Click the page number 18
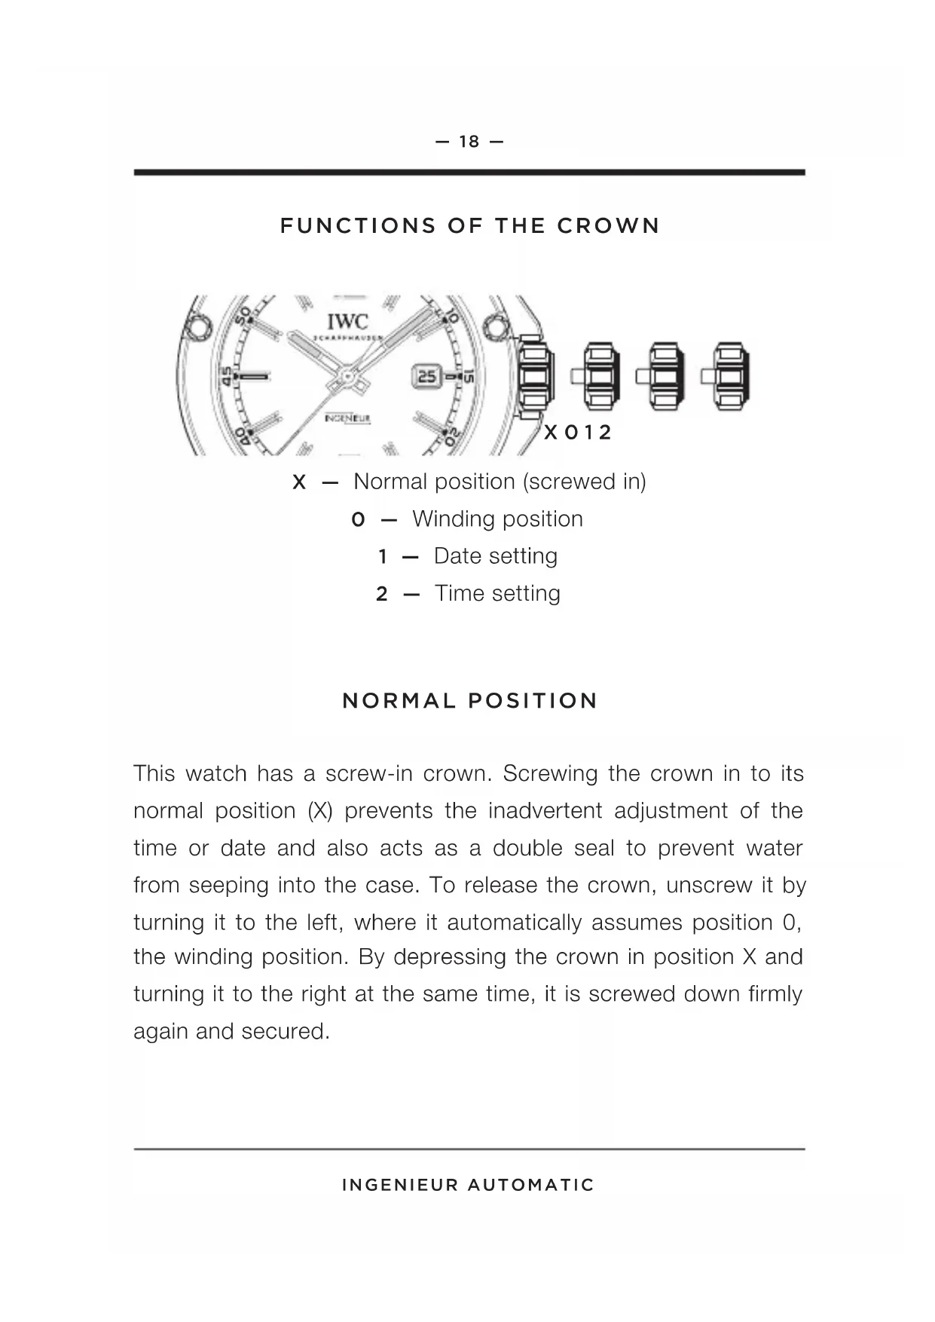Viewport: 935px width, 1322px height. click(x=469, y=142)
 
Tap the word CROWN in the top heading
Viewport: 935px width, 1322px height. click(x=608, y=226)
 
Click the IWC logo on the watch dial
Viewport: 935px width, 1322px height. click(x=347, y=322)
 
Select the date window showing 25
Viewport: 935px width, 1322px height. click(x=426, y=375)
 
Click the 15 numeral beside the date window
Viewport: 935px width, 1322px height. click(x=468, y=376)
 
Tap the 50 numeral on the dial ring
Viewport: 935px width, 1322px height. click(x=243, y=317)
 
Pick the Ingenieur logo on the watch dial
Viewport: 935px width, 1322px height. click(x=347, y=418)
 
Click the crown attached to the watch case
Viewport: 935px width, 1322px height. click(x=535, y=375)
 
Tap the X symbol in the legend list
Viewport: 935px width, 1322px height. click(x=299, y=482)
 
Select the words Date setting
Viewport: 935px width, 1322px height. click(x=495, y=556)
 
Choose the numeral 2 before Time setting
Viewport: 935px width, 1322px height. click(x=382, y=594)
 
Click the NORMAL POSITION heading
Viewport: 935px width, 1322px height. click(x=469, y=701)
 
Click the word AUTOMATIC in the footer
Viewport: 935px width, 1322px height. click(x=530, y=1185)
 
